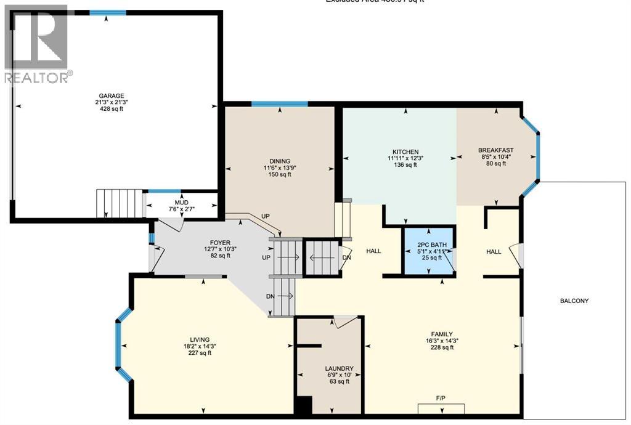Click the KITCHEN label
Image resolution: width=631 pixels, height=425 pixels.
tap(405, 152)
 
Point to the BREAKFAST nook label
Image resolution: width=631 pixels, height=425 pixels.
tap(495, 150)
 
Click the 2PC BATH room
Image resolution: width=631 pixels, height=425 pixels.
tap(428, 252)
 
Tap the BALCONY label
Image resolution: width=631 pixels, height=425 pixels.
tap(574, 301)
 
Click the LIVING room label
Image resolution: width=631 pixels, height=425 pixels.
tap(200, 339)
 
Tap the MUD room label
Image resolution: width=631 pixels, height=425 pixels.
tap(182, 203)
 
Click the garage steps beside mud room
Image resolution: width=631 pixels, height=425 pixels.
tap(119, 203)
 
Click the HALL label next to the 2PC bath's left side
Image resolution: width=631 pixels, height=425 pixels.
tap(373, 251)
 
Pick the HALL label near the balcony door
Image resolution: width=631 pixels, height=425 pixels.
tap(494, 252)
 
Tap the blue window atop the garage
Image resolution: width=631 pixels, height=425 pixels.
tap(107, 12)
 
